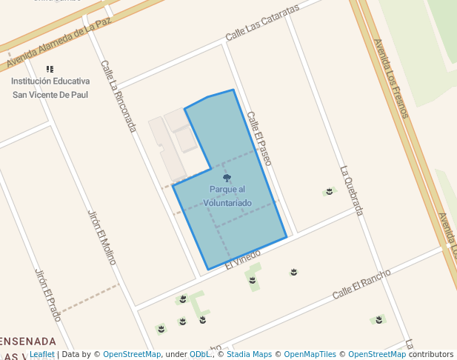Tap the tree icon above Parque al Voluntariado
pos(227,178)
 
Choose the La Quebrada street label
pos(352,190)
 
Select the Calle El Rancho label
pos(361,284)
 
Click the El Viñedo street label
pos(243,259)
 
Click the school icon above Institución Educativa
pos(50,69)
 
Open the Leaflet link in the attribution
pos(41,355)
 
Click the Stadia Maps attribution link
pos(249,355)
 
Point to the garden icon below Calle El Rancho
pos(378,319)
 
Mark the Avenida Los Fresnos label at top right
pos(391,78)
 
